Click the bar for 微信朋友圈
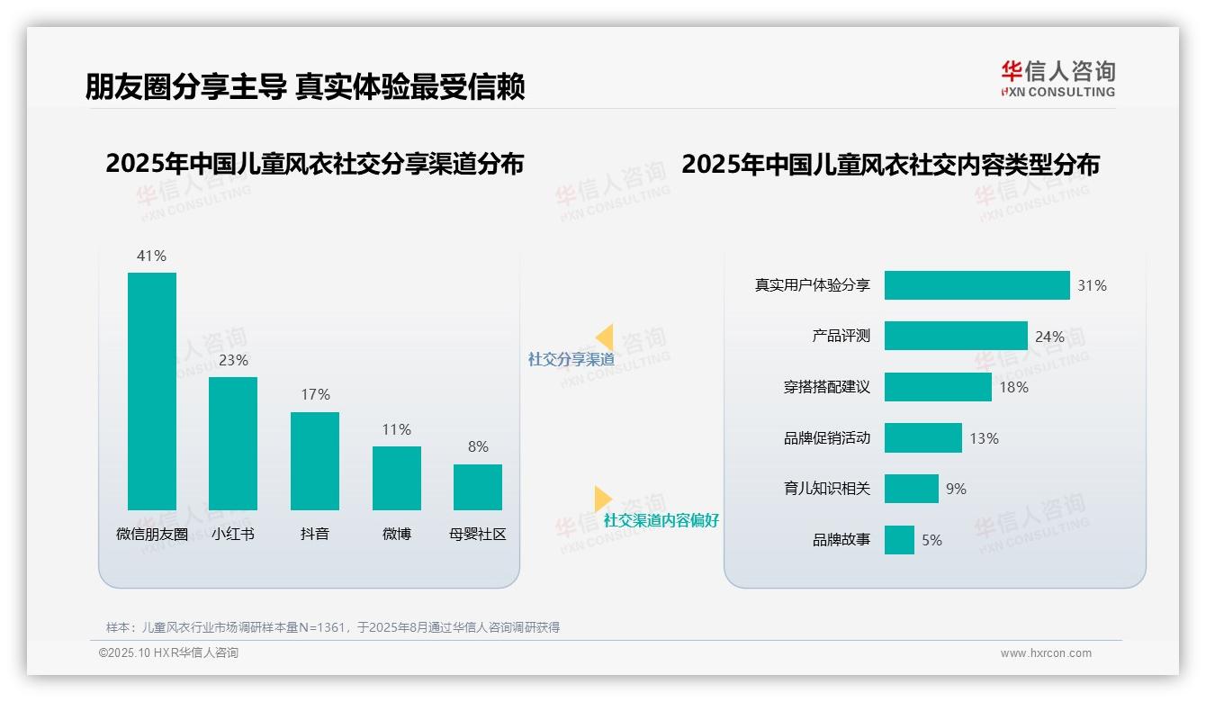[x=152, y=391]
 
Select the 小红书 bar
[x=233, y=443]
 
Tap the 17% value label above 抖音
[x=315, y=394]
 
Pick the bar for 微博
[x=396, y=478]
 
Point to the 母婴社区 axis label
[x=478, y=534]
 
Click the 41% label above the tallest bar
[x=151, y=256]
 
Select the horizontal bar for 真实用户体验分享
[x=976, y=285]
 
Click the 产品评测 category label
[x=841, y=336]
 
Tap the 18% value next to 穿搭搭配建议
[x=1013, y=387]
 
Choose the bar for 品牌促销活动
[x=922, y=438]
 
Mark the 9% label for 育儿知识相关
[x=956, y=489]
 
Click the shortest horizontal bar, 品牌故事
[x=899, y=540]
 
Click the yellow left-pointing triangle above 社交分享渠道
[x=604, y=337]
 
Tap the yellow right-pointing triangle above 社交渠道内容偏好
[x=603, y=499]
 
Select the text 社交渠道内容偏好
[x=661, y=520]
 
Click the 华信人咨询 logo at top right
[x=1057, y=78]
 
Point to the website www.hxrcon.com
[x=1046, y=653]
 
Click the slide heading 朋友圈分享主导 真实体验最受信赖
[x=305, y=86]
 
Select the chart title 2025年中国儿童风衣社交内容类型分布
[x=890, y=165]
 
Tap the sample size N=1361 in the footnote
[x=322, y=627]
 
